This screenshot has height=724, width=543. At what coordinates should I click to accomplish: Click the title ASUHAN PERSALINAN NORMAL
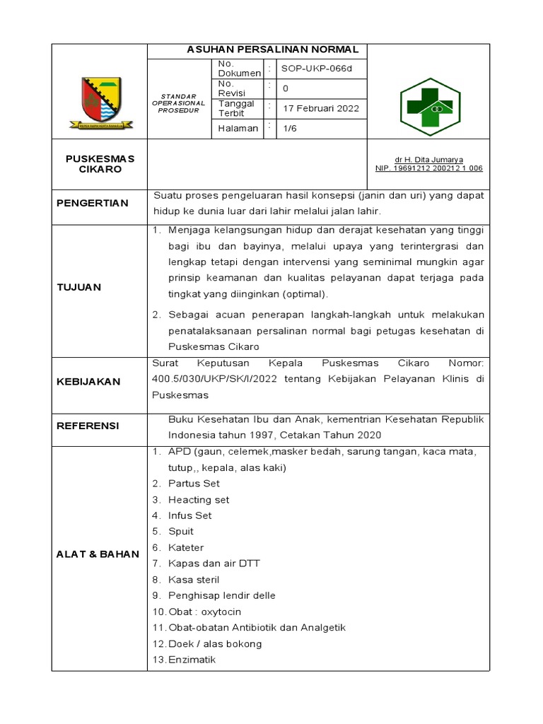tap(273, 50)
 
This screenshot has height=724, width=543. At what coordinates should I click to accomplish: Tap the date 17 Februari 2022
tap(321, 108)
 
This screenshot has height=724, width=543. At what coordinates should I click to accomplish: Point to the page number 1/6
tap(291, 128)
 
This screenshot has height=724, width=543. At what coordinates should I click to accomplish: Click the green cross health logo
tap(430, 107)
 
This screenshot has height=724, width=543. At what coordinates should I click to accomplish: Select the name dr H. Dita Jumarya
tap(428, 160)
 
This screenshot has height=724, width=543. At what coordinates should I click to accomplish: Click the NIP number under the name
tap(428, 168)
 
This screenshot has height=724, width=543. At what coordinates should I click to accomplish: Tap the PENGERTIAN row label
tap(93, 204)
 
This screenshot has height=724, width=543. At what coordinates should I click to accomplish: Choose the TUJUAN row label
tap(78, 287)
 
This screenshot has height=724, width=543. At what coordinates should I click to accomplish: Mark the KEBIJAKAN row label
tap(88, 382)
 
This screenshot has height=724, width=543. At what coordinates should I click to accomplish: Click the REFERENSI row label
tap(88, 426)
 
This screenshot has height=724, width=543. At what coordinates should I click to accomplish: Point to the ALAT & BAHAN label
tap(98, 554)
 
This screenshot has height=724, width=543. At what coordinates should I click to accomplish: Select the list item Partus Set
tap(194, 484)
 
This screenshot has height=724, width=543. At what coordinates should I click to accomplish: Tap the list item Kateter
tap(186, 548)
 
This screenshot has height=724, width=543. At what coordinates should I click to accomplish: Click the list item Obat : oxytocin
tap(204, 612)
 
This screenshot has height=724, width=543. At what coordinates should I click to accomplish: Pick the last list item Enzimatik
tap(192, 660)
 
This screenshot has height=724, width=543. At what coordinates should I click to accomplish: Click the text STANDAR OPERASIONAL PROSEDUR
tap(178, 103)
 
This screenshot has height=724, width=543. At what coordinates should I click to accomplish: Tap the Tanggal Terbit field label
tap(236, 108)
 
